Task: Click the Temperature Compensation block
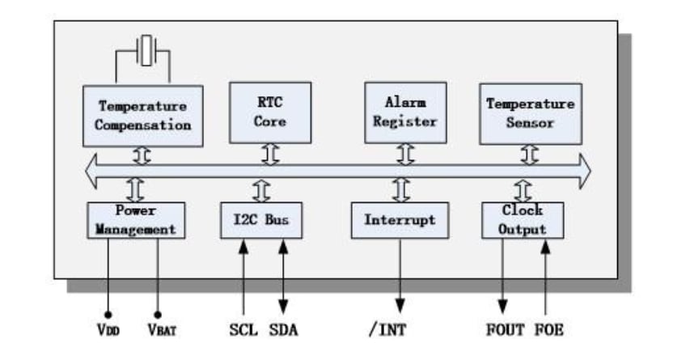tap(142, 115)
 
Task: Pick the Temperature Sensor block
tap(530, 113)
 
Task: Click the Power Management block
tap(135, 219)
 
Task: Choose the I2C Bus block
tap(261, 220)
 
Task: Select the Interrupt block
tap(399, 220)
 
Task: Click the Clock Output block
tap(522, 219)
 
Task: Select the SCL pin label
tap(242, 330)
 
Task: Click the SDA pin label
tap(283, 330)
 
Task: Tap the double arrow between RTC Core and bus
tap(270, 154)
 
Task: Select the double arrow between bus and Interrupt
tap(400, 190)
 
